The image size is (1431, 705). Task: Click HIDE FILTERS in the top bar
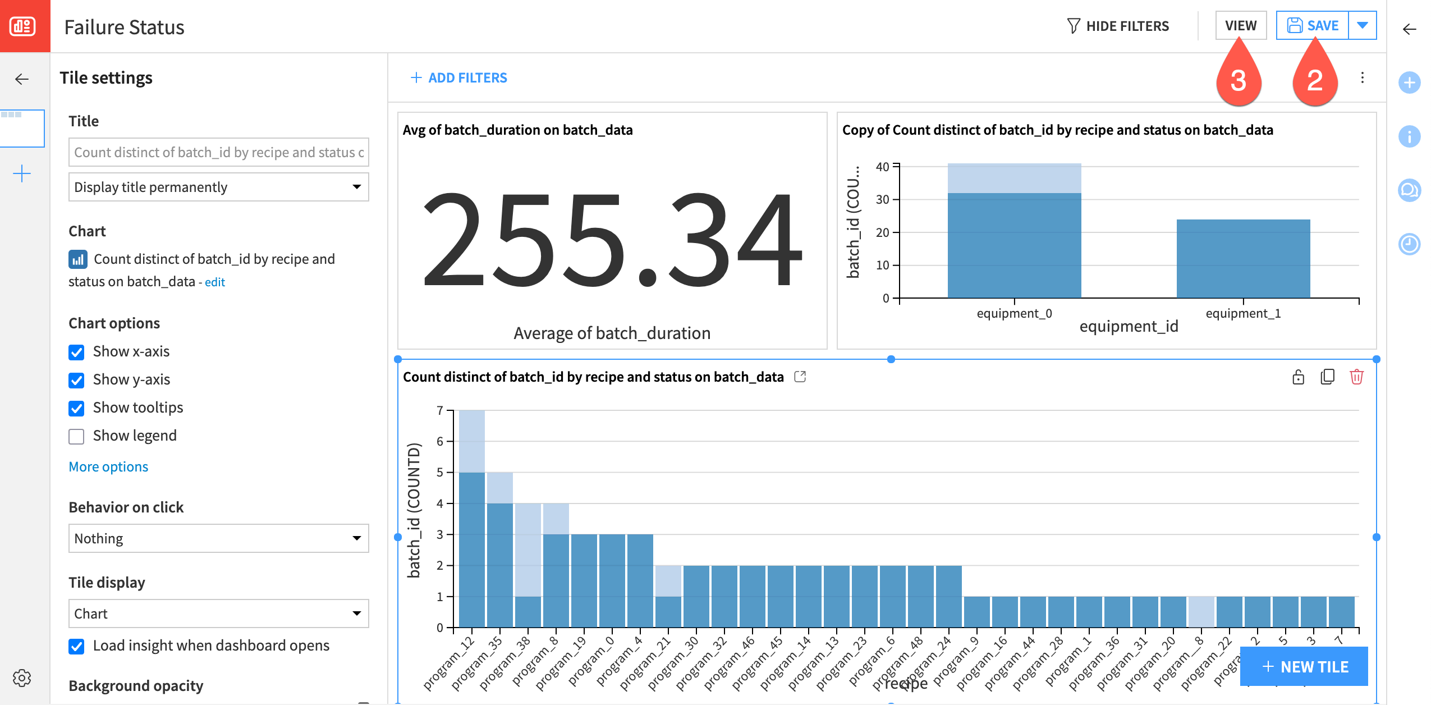(x=1118, y=26)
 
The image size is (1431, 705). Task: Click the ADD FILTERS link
(x=458, y=78)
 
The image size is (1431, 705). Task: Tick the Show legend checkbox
(x=76, y=436)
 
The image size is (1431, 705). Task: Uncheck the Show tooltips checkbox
(x=76, y=408)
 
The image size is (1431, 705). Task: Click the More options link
(x=108, y=467)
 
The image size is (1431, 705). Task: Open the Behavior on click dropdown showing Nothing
(x=218, y=538)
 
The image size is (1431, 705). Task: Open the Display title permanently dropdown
(x=218, y=187)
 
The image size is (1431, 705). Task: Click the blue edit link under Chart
(x=214, y=282)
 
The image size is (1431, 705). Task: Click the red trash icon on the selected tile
(x=1356, y=377)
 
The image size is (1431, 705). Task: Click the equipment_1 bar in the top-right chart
(x=1243, y=258)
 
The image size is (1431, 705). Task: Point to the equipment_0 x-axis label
(x=1014, y=314)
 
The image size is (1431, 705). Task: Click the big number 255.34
(x=612, y=239)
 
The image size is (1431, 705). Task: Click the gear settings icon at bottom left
(x=22, y=678)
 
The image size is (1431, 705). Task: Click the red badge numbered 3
(x=1239, y=80)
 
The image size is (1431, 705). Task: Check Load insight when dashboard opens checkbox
(x=76, y=646)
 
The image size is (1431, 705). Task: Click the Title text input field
(x=218, y=152)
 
